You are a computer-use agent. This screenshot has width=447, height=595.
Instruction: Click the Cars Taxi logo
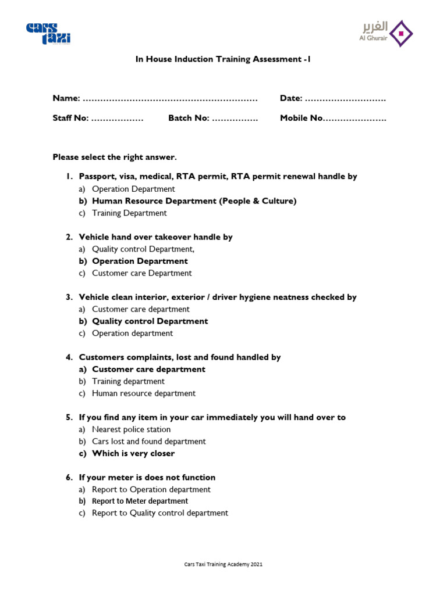point(48,34)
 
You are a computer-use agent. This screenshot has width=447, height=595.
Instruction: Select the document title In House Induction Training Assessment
point(223,59)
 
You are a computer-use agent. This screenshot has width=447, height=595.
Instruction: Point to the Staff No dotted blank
point(118,118)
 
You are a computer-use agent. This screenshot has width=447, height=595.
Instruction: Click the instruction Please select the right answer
point(114,157)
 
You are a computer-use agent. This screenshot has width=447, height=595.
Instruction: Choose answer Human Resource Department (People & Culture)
point(194,201)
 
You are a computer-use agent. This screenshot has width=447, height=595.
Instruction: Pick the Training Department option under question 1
point(129,213)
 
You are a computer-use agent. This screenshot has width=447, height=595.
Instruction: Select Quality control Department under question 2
point(143,249)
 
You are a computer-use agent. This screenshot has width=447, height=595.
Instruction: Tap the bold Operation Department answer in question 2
point(140,261)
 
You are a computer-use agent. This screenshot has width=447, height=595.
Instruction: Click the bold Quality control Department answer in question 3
point(150,321)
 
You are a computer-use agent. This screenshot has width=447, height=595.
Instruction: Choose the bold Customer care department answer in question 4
point(148,370)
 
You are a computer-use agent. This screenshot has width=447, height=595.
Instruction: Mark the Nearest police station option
point(131,429)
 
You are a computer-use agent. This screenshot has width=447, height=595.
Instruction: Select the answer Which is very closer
point(133,454)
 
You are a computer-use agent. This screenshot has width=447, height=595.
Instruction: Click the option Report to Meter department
point(140,501)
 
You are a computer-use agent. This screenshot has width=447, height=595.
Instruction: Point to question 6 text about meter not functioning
point(147,478)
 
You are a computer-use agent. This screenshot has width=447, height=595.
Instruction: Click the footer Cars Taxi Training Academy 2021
point(223,564)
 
